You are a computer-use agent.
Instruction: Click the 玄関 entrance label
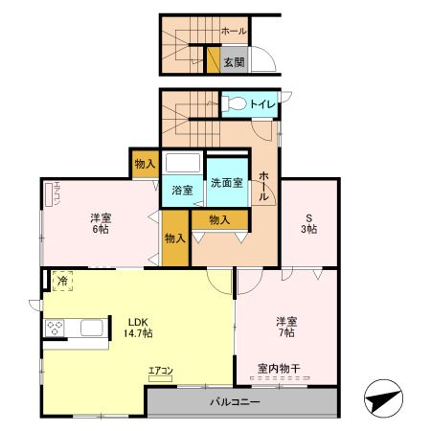click(x=234, y=62)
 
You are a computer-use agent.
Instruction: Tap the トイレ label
click(x=262, y=103)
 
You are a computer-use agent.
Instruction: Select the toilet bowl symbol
click(x=233, y=104)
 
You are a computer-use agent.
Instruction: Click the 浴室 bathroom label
click(x=182, y=190)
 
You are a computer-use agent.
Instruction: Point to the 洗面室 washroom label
click(x=226, y=183)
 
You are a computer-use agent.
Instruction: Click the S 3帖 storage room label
click(x=309, y=223)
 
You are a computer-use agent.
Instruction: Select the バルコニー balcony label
click(x=235, y=402)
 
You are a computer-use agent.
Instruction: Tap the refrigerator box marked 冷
click(x=62, y=281)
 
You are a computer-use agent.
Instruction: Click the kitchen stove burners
click(x=54, y=329)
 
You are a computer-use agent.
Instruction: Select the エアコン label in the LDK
click(x=160, y=371)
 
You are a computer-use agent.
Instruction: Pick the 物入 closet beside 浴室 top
click(x=146, y=164)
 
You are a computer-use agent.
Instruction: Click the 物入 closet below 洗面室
click(x=219, y=219)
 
